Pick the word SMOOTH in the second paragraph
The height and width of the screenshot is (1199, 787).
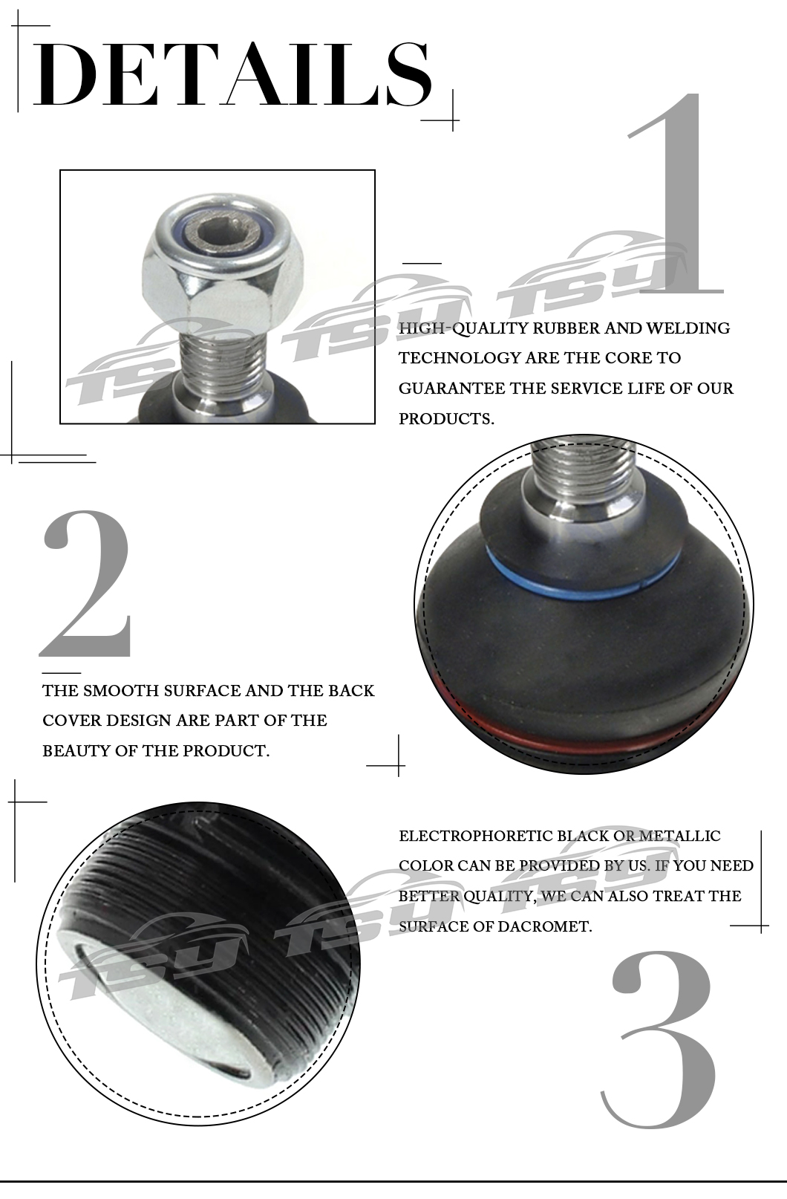pyautogui.click(x=120, y=690)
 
